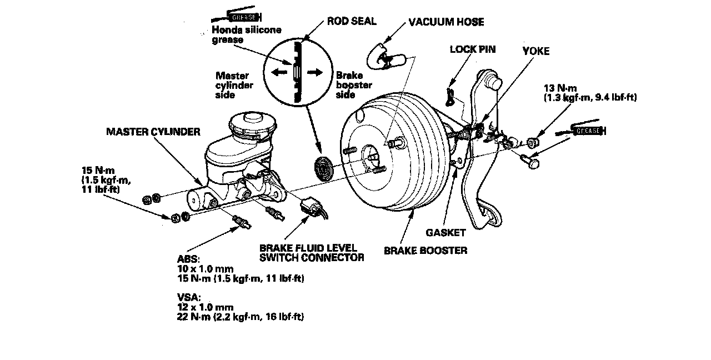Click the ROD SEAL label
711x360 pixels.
click(x=352, y=22)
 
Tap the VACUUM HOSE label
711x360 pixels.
click(x=446, y=22)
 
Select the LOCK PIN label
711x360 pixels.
click(x=472, y=49)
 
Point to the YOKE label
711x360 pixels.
click(x=536, y=51)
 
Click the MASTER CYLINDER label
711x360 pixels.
click(x=153, y=132)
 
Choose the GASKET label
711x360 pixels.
click(x=445, y=232)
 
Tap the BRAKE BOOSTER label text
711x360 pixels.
click(x=425, y=251)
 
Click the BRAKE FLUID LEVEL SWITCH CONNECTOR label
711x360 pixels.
click(x=311, y=252)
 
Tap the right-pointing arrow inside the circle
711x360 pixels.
click(x=316, y=72)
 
